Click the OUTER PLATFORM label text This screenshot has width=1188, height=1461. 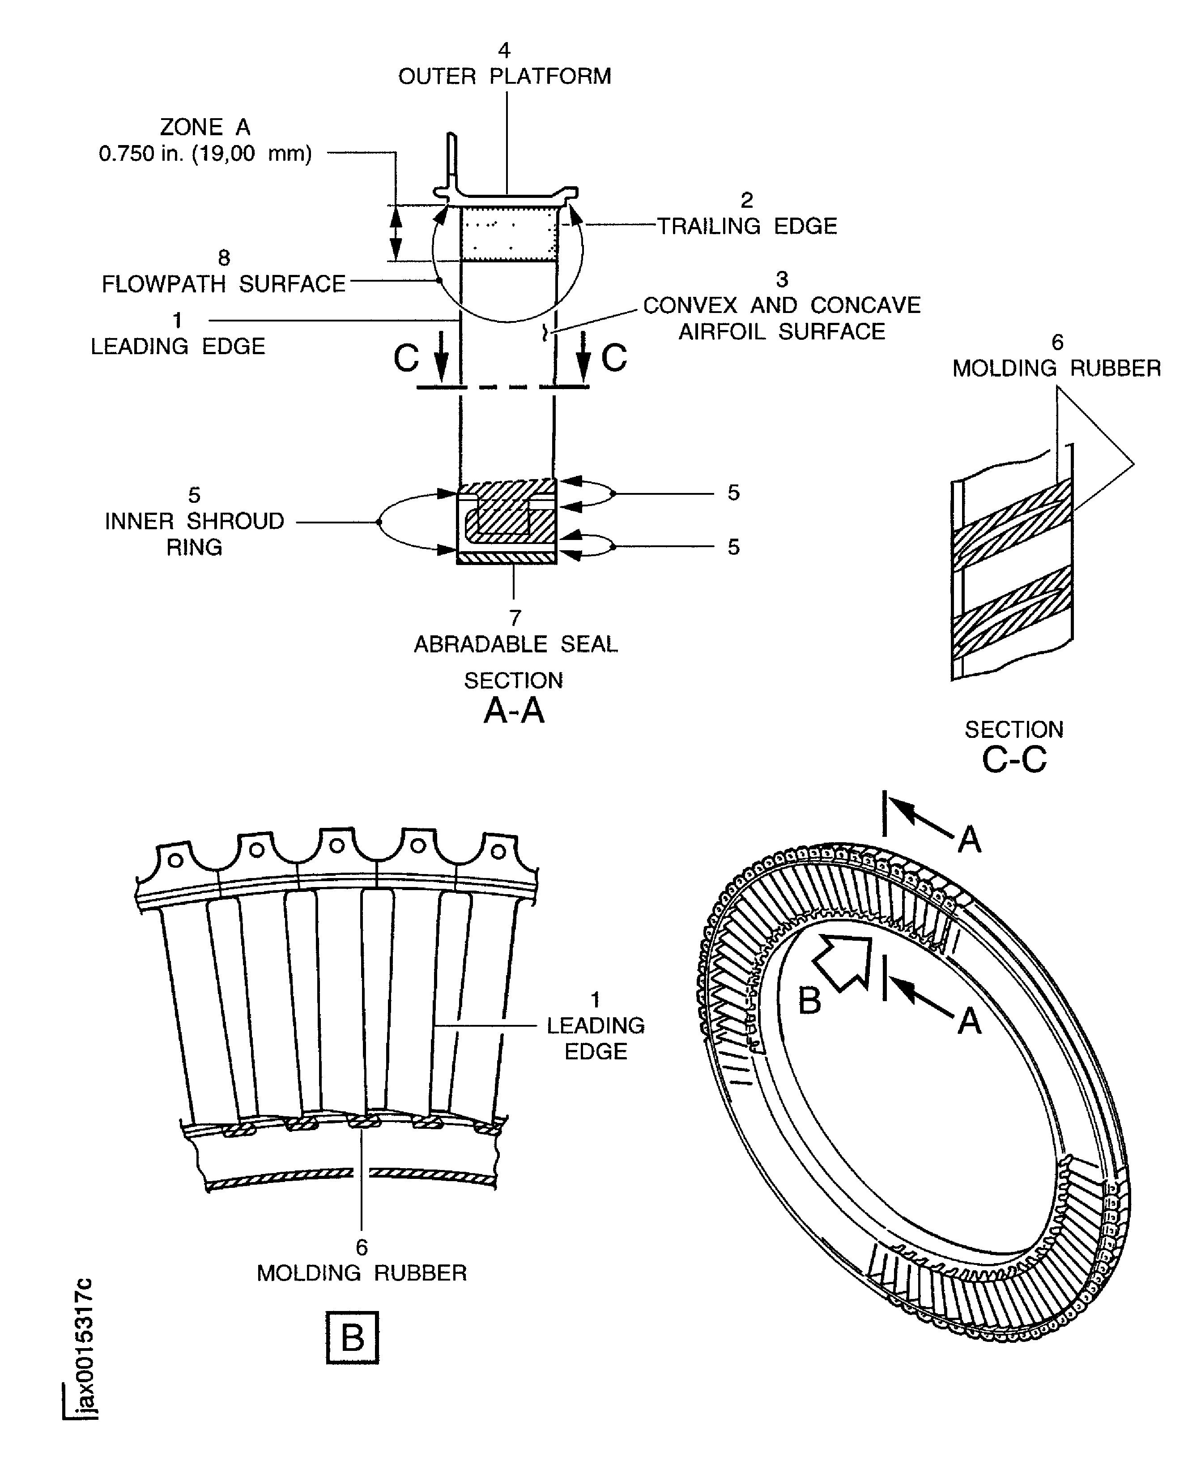504,76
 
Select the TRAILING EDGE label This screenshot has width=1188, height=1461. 747,226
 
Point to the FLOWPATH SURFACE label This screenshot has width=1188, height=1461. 224,283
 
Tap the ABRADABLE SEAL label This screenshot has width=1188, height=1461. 515,644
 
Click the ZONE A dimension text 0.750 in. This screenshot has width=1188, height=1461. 205,154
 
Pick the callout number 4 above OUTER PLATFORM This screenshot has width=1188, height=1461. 504,50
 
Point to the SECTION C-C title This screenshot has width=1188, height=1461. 1014,746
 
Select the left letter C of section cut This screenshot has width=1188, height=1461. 406,357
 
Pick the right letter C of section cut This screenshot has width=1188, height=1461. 614,357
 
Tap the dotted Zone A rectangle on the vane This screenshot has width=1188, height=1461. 508,235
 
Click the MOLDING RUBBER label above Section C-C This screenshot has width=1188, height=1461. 1056,368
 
